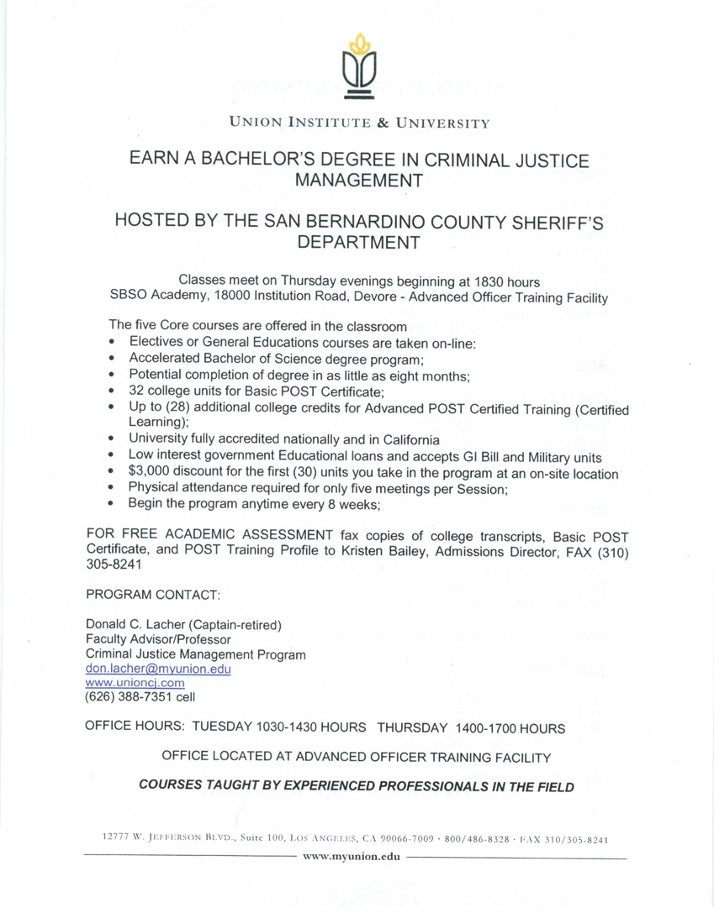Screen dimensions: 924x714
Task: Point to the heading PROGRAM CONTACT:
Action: pyautogui.click(x=153, y=595)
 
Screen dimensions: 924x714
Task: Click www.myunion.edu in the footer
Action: pyautogui.click(x=355, y=857)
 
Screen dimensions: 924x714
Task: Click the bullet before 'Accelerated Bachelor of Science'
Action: pyautogui.click(x=112, y=359)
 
